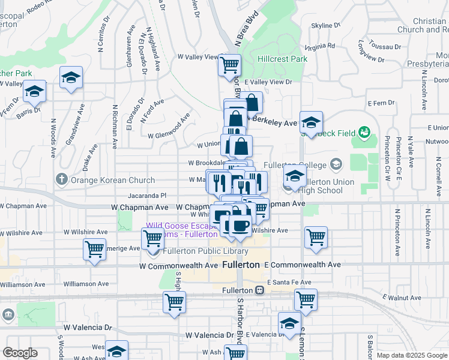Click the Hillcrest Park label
[282, 59]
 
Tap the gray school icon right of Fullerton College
[336, 164]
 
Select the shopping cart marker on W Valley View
[230, 64]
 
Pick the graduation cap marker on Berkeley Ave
[311, 122]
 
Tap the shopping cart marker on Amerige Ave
[94, 248]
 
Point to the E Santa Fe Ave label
[289, 282]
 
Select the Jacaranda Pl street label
[146, 196]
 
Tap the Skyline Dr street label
[325, 26]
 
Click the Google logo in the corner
[20, 353]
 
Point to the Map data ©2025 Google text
[412, 355]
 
